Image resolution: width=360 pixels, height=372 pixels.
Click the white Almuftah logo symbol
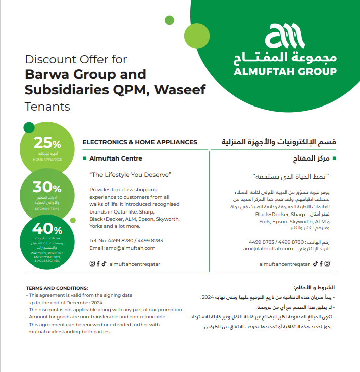(x=285, y=36)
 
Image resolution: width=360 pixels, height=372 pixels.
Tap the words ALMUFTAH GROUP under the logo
(x=285, y=71)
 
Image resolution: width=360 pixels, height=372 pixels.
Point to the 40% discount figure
(x=46, y=228)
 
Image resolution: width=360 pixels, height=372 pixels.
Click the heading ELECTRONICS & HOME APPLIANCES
(x=140, y=142)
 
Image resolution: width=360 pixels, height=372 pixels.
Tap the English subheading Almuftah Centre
(x=116, y=158)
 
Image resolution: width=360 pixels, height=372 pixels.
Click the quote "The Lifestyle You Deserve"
(x=130, y=175)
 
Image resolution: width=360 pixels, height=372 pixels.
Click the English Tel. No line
(x=126, y=240)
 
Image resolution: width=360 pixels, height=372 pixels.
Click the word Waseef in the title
(x=181, y=90)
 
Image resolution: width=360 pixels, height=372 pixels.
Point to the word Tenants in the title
(x=47, y=107)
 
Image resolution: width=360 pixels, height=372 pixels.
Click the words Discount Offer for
(x=76, y=60)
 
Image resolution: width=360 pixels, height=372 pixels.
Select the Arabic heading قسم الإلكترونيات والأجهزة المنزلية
(x=279, y=142)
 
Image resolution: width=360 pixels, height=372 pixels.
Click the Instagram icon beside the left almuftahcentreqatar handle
(x=92, y=263)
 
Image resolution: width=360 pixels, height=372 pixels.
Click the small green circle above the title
(x=169, y=20)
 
